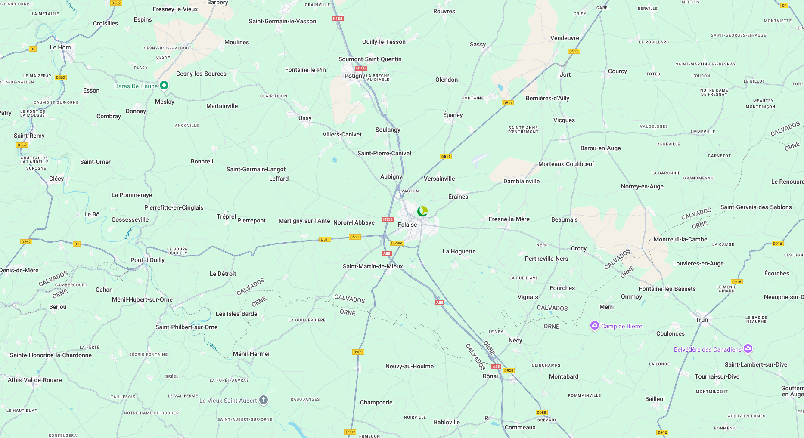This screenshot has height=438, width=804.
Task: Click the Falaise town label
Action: click(x=407, y=225)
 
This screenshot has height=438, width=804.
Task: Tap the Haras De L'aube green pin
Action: click(x=164, y=85)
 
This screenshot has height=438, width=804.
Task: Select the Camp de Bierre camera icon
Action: click(x=594, y=326)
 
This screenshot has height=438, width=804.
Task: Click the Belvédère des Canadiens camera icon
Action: click(x=748, y=349)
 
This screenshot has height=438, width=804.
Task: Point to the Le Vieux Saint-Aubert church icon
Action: click(x=264, y=400)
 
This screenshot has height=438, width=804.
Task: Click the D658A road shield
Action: click(x=397, y=243)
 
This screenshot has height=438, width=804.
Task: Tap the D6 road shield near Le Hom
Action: click(x=33, y=49)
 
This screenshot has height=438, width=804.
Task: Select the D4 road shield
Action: click(x=784, y=6)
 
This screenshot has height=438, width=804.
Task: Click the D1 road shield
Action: click(x=77, y=244)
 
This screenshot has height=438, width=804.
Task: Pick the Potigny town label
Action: click(x=355, y=76)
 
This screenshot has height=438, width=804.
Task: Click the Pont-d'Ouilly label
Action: click(x=147, y=260)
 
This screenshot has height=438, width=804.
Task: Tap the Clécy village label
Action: click(x=56, y=179)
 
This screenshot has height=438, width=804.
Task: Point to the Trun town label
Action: click(x=702, y=320)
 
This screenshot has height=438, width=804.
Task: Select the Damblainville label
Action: click(x=521, y=181)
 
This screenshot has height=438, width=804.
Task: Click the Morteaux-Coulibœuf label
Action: click(x=566, y=164)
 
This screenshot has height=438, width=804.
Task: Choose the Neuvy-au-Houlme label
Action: click(x=409, y=366)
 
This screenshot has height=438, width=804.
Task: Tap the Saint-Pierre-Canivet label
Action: click(x=384, y=153)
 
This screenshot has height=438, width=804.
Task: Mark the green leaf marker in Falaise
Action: click(x=422, y=211)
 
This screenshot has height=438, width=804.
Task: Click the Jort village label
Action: click(x=565, y=74)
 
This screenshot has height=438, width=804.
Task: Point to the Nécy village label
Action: click(x=515, y=340)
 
